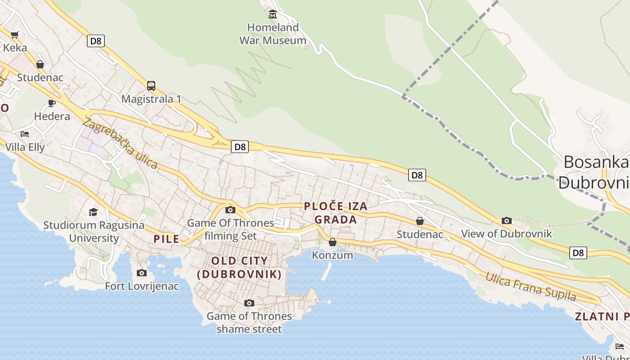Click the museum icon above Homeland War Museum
coord(272,15)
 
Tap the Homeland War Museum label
coord(273,34)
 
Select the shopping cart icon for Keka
coord(15,35)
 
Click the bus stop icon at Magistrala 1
coord(151,85)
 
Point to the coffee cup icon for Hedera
coord(52,103)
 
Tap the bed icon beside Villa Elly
coord(25,134)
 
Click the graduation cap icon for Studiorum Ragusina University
coord(93,211)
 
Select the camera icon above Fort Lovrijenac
coord(142,273)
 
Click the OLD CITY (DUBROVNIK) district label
coord(239,267)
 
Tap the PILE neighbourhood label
coord(166,239)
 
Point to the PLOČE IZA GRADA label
coord(336,213)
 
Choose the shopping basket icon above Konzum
coord(333,243)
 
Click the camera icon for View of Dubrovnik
coord(507,220)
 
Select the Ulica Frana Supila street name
coord(530,286)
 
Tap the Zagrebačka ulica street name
coord(120,144)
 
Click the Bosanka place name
coord(595,162)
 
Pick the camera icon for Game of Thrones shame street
coord(249,303)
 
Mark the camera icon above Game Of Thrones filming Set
coord(230,210)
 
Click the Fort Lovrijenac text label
coord(142,286)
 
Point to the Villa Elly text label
coord(25,147)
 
